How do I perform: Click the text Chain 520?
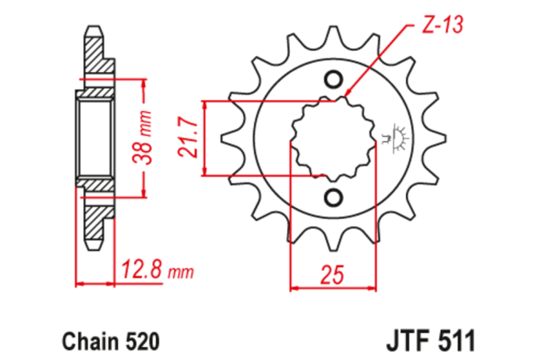click(x=110, y=339)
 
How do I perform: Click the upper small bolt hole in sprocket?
click(x=333, y=80)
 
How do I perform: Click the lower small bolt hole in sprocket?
click(x=333, y=198)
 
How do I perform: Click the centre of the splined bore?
click(x=333, y=139)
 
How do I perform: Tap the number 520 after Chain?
click(x=143, y=339)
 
